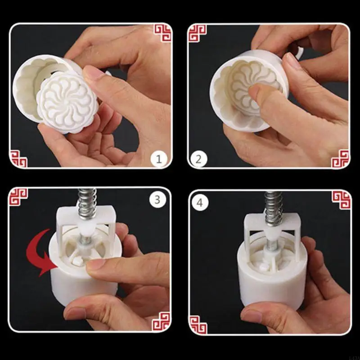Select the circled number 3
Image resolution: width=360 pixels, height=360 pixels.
pos(157,199)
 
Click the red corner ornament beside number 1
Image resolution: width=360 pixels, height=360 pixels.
pos(19,158)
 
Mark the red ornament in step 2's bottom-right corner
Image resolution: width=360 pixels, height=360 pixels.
pos(341,158)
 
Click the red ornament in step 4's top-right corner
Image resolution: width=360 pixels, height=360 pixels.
pos(341,199)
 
